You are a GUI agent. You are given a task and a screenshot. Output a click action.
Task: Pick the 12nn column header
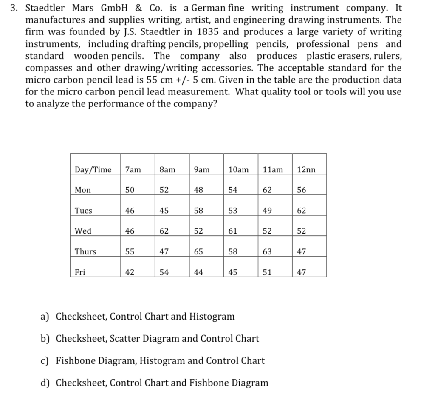point(306,170)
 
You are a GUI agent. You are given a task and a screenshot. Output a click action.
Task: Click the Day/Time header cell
point(93,170)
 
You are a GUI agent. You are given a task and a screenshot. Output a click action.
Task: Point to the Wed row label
point(83,231)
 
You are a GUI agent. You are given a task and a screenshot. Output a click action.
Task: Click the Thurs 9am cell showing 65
point(198,252)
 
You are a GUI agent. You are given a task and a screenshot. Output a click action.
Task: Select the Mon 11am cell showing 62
point(267,190)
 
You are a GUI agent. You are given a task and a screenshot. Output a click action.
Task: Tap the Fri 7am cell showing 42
point(130,272)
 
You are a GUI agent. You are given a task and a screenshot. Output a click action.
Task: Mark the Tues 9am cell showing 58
point(198,211)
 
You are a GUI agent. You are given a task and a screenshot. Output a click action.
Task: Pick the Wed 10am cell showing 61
point(233,231)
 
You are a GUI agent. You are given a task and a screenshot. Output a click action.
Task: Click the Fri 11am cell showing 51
point(267,272)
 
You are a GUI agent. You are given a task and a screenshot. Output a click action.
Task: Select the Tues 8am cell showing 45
point(164,211)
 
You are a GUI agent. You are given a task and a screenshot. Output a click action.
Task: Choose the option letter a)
point(45,317)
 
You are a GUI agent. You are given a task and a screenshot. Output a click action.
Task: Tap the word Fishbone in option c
point(75,361)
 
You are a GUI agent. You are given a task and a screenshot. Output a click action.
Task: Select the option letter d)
point(45,383)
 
